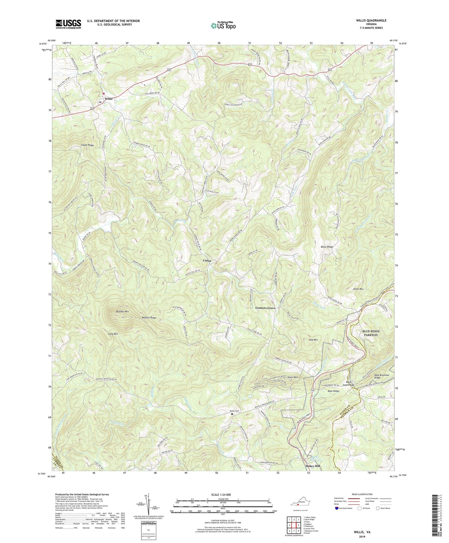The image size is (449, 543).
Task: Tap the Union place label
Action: [x=207, y=261]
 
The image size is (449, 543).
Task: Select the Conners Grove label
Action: [x=265, y=308]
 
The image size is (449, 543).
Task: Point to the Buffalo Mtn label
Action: [x=122, y=312]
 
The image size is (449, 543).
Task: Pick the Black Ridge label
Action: [x=327, y=247]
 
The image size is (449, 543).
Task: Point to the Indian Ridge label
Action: [x=87, y=145]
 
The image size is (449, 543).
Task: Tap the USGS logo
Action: [x=68, y=24]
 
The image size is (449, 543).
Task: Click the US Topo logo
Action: [x=223, y=25]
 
